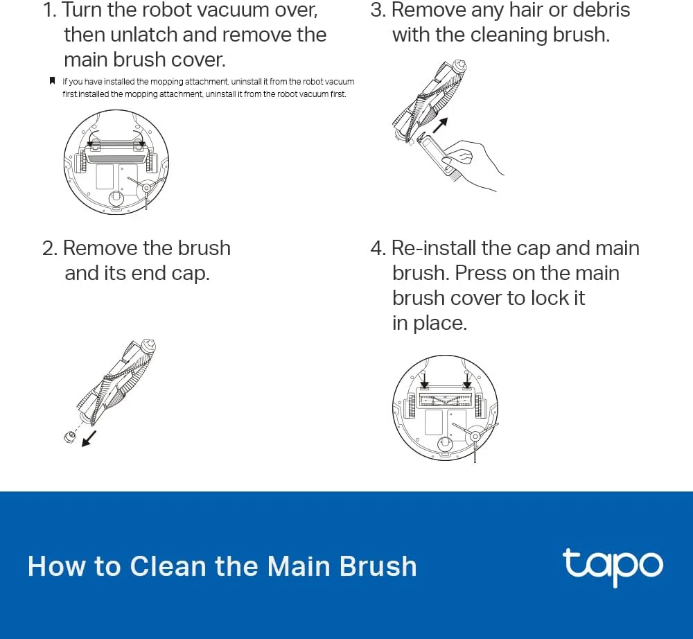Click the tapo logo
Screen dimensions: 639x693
612,566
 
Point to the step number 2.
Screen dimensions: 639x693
49,248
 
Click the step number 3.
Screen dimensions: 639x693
376,10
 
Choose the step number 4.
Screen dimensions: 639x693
377,248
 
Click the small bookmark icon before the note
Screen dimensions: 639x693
52,81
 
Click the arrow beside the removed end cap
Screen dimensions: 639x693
89,439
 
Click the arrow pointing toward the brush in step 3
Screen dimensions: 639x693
439,125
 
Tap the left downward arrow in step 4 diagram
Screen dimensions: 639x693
424,379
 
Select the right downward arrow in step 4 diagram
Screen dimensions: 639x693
466,379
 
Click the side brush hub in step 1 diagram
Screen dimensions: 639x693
147,186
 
